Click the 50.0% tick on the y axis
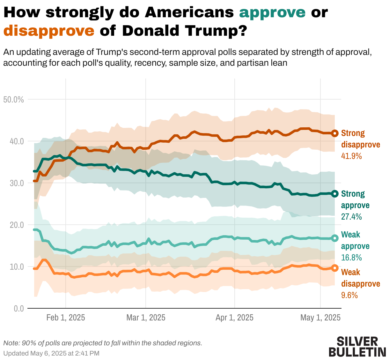13,100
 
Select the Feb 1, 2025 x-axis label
66,318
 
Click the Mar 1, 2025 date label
146,318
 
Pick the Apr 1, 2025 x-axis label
234,318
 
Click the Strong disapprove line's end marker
335,133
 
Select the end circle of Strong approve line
335,194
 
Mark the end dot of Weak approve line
335,238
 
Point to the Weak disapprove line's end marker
335,268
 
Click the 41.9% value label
351,156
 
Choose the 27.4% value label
351,217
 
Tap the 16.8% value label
351,258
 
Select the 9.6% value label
349,295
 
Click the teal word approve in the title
272,12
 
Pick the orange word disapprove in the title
49,31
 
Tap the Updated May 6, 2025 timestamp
51,353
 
